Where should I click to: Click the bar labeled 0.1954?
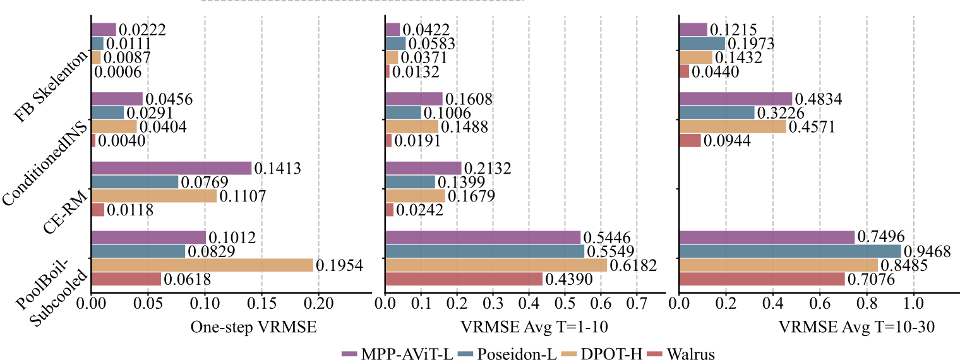202,265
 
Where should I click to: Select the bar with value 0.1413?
172,168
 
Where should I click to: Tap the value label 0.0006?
117,72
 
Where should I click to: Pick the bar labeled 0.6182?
496,265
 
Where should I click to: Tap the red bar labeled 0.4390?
464,279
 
